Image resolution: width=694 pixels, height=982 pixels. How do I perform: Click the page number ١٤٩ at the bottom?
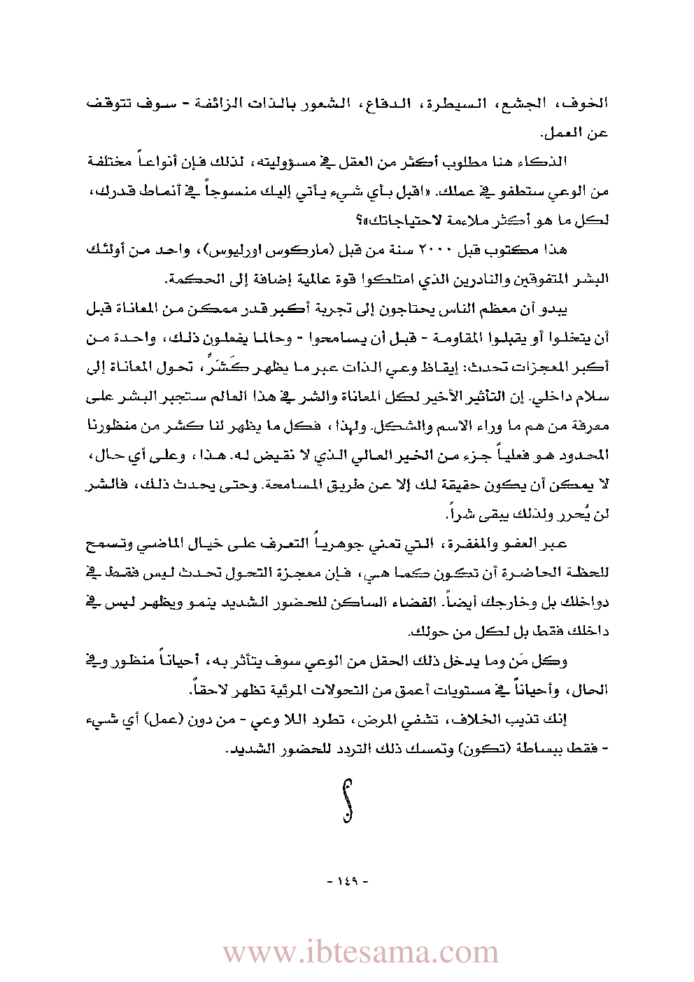coord(347,881)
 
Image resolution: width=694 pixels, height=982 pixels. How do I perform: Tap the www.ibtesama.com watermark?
coord(360,953)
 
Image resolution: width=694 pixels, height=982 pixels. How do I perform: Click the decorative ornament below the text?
coord(348,799)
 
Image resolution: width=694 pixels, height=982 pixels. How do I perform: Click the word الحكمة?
coord(188,279)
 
